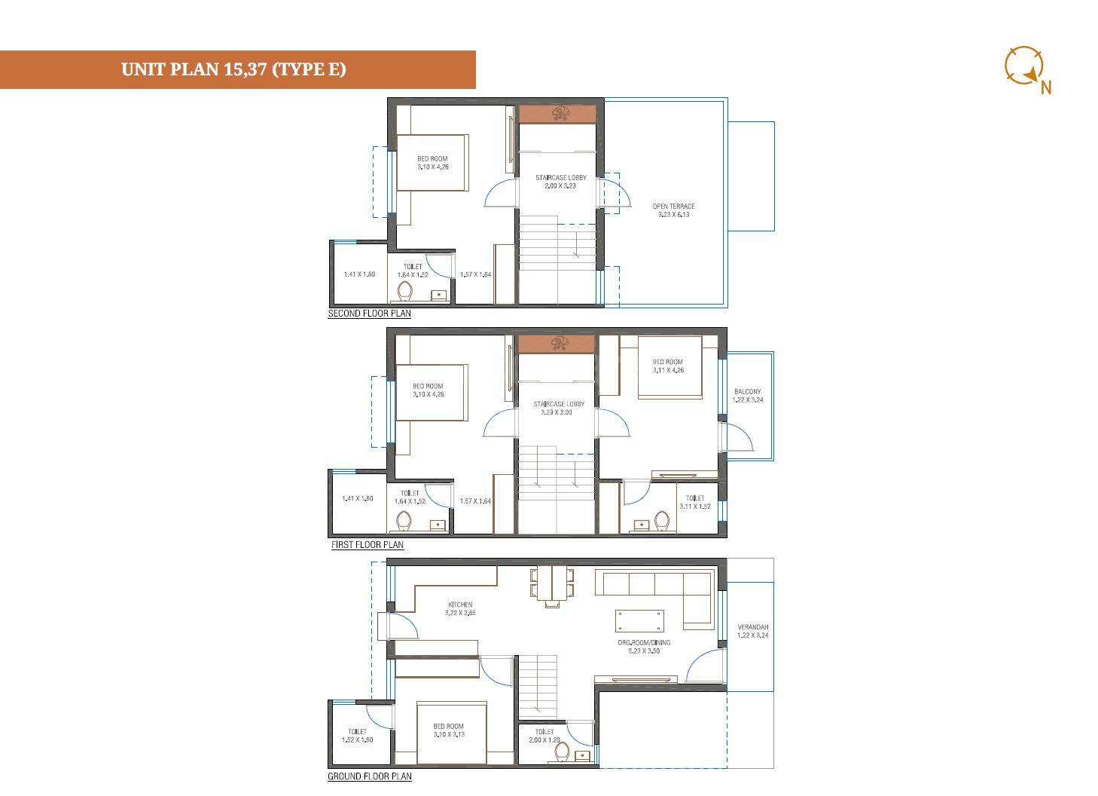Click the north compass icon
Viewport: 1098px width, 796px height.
[1024, 66]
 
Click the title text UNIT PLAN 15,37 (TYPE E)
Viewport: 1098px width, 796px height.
[233, 69]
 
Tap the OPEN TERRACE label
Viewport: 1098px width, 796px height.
[673, 210]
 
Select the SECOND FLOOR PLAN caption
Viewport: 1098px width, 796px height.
[369, 314]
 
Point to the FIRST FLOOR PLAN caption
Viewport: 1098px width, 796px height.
[368, 545]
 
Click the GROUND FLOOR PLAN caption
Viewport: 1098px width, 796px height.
[369, 776]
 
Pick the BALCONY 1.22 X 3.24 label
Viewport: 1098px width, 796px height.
[747, 396]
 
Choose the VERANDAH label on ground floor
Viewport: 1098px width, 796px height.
[752, 631]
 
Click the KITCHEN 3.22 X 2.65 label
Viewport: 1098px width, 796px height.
[460, 609]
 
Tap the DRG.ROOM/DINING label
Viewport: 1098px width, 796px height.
[644, 647]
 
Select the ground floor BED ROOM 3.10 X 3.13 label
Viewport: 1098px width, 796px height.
[448, 730]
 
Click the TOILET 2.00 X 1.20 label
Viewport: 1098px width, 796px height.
[544, 736]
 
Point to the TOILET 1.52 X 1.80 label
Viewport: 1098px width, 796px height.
[357, 736]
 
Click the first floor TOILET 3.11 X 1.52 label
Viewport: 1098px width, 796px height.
[694, 503]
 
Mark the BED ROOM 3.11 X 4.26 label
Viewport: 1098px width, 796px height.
[667, 366]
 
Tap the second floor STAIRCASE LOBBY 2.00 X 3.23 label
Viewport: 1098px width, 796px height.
[560, 182]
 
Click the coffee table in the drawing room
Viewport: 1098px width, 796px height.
[639, 621]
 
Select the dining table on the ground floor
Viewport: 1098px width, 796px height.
[552, 585]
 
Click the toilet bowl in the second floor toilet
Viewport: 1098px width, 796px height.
[405, 291]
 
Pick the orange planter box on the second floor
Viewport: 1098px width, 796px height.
[557, 114]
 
